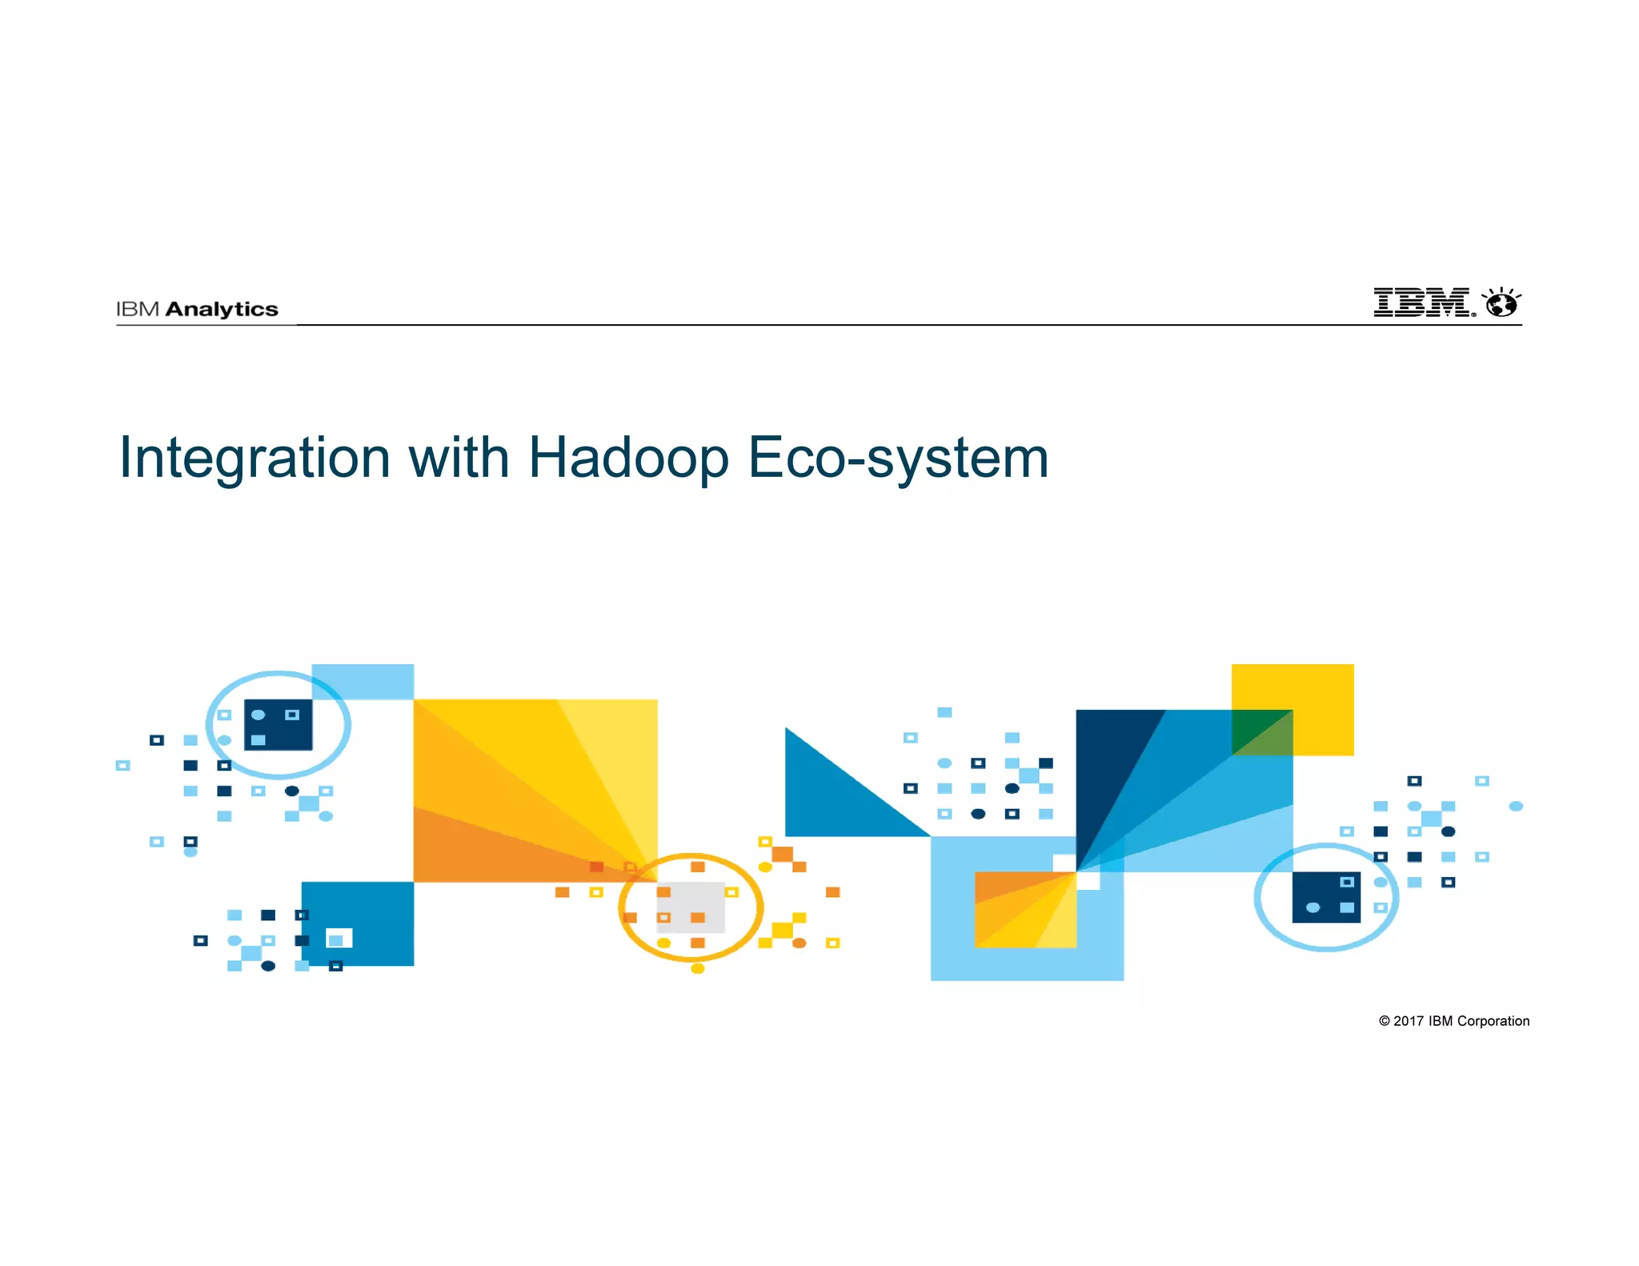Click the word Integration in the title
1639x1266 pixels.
pyautogui.click(x=254, y=459)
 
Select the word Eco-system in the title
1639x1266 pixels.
pyautogui.click(x=898, y=459)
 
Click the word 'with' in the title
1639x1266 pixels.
pyautogui.click(x=459, y=459)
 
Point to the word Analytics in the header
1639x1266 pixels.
pyautogui.click(x=222, y=310)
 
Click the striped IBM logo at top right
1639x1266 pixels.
pyautogui.click(x=1422, y=303)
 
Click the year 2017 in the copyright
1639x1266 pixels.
pyautogui.click(x=1409, y=1021)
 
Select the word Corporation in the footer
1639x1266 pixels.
pyautogui.click(x=1493, y=1021)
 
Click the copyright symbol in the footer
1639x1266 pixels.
pyautogui.click(x=1385, y=1021)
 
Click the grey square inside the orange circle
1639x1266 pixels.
pyautogui.click(x=690, y=907)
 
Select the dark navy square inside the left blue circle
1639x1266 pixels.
pyautogui.click(x=278, y=725)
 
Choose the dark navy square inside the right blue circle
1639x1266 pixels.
pyautogui.click(x=1326, y=897)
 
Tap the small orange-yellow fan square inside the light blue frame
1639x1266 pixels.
pyautogui.click(x=1025, y=910)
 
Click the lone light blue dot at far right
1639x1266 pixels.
pyautogui.click(x=1516, y=806)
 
